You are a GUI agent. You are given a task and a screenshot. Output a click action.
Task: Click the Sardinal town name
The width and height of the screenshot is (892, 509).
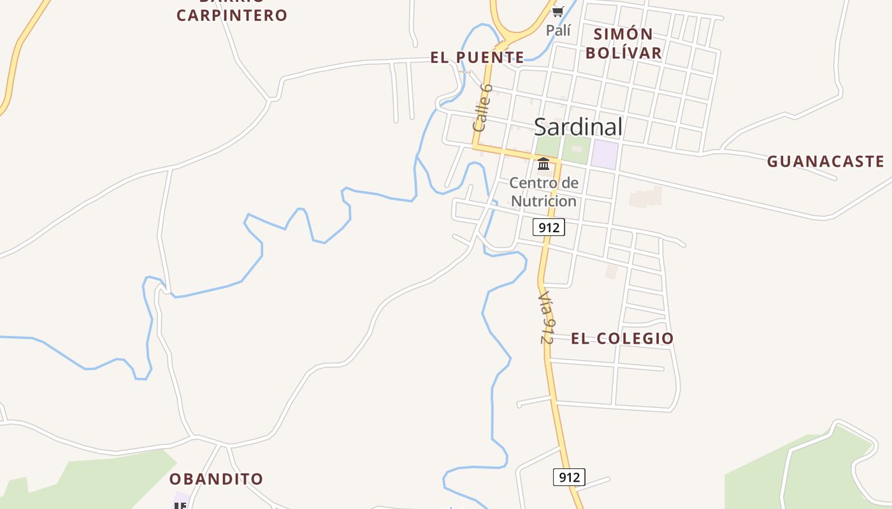pos(578,127)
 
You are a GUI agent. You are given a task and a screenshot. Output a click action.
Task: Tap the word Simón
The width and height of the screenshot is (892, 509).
pos(623,34)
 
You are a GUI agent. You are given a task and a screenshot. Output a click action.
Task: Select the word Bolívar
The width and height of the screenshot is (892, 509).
pos(624,53)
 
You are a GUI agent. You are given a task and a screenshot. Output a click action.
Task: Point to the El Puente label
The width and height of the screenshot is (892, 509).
pos(477,58)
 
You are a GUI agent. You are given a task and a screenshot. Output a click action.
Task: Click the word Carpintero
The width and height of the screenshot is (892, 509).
pos(232,15)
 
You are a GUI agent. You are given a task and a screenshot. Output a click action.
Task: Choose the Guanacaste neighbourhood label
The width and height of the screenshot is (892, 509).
pos(826,162)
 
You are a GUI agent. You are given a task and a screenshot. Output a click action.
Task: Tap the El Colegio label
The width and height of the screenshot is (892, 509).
pos(622,338)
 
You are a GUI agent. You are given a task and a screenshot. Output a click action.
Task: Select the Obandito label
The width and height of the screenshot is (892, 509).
pos(216,479)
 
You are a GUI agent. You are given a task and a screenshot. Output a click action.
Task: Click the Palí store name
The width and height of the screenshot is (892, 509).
pos(558,30)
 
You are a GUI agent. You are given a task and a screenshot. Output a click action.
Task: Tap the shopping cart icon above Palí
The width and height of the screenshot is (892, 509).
pos(558,11)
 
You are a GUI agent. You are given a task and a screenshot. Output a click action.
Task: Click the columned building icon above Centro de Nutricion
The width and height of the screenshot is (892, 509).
pos(543,164)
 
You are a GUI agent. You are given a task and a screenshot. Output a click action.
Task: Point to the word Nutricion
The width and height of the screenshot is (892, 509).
pos(544,201)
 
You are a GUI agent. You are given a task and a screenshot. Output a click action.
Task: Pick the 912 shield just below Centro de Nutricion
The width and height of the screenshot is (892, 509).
pos(549,227)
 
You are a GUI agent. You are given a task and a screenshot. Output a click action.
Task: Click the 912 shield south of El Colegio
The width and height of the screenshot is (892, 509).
pos(569,477)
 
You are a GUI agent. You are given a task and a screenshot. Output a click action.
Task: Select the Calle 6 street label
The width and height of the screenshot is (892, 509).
pos(482,108)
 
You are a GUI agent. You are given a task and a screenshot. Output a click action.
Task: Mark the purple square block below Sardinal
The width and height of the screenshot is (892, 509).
pos(605,154)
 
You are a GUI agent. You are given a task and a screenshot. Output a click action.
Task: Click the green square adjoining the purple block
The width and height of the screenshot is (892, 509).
pos(576,150)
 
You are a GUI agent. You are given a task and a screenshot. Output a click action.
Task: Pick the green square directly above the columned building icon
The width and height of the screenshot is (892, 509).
pos(547,146)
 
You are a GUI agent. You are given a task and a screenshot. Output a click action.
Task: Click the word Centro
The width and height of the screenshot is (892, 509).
pos(529,183)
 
